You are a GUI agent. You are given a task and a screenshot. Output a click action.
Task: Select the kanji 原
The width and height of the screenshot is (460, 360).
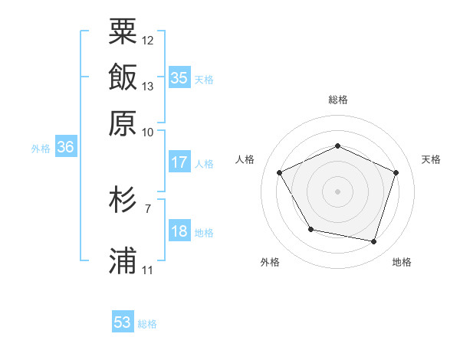click(123, 122)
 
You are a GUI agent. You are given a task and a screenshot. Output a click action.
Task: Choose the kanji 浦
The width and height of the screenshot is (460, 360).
click(123, 260)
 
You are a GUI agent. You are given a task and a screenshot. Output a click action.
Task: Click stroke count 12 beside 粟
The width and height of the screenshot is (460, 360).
click(148, 40)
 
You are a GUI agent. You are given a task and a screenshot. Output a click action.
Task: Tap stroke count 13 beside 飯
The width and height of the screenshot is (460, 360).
click(148, 86)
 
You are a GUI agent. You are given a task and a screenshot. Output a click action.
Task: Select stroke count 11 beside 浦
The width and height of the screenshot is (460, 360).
click(148, 270)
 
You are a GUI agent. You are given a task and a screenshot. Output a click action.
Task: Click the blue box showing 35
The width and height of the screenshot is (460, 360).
click(179, 77)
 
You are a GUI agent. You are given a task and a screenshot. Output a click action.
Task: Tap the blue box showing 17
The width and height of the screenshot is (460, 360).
click(179, 162)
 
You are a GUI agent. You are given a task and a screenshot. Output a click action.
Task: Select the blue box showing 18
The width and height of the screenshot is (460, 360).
click(179, 232)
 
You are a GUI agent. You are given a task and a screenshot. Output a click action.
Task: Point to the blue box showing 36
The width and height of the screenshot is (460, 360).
click(65, 148)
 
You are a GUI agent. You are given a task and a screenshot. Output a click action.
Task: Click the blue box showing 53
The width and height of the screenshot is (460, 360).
click(123, 322)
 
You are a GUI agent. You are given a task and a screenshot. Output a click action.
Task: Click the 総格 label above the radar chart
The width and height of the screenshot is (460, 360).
click(338, 100)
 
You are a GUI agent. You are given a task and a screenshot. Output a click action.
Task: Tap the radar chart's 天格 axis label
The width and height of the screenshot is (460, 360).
click(431, 159)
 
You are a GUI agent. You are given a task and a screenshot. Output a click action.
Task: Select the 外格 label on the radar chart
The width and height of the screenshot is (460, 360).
click(270, 262)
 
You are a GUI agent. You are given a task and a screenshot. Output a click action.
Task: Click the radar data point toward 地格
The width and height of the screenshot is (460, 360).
click(373, 241)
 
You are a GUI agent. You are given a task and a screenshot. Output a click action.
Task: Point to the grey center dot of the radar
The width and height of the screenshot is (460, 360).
click(337, 191)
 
